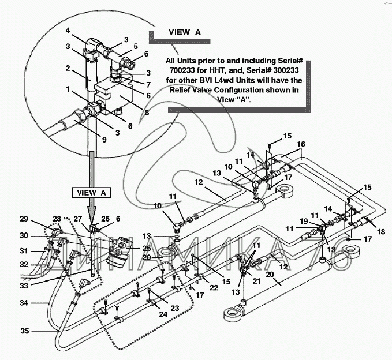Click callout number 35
pos(25,331)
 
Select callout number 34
pos(24,303)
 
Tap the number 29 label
pos(24,219)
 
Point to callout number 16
pos(301,144)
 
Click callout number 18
pos(381,231)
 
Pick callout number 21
pos(256,281)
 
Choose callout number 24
pos(163,314)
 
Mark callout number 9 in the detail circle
pos(104,140)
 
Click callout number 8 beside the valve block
pos(147,112)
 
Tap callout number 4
pos(68,30)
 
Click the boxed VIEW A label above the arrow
pos(91,193)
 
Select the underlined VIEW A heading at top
pos(185,32)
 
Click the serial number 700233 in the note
pos(182,70)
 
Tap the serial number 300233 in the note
pos(286,70)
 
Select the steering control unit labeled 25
pos(120,251)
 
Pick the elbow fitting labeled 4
pos(93,44)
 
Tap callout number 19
pos(304,221)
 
